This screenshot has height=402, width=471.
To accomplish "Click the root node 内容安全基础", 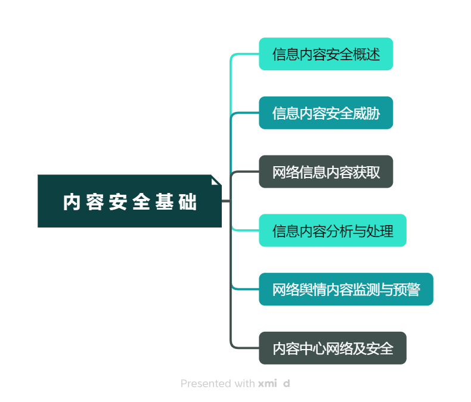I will tap(129, 201).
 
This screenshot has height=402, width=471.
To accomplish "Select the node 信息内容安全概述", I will tap(326, 54).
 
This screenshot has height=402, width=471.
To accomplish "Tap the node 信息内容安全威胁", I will tap(326, 113).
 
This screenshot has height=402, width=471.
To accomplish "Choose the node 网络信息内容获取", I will tap(326, 172).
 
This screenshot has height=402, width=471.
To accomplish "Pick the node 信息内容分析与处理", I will tap(332, 230).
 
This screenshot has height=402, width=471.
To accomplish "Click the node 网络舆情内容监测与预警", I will tap(346, 289).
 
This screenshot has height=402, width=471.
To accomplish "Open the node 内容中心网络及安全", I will tap(332, 348).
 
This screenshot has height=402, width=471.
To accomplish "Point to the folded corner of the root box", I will tap(216, 179).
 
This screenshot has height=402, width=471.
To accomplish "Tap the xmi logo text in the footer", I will tap(268, 384).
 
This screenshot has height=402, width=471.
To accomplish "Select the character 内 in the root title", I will tap(71, 202).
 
